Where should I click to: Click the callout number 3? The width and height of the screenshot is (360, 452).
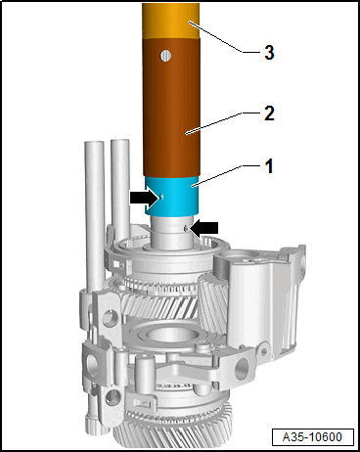pyautogui.click(x=269, y=52)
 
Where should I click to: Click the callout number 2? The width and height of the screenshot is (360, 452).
pyautogui.click(x=269, y=113)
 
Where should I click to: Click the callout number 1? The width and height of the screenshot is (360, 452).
pyautogui.click(x=269, y=166)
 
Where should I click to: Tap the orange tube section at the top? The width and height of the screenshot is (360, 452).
pyautogui.click(x=171, y=22)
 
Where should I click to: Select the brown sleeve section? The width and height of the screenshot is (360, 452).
pyautogui.click(x=171, y=108)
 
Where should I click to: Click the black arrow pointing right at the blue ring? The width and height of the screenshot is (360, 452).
pyautogui.click(x=144, y=198)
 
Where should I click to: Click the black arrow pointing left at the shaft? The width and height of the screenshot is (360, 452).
pyautogui.click(x=204, y=228)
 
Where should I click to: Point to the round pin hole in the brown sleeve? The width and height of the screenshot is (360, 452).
pyautogui.click(x=165, y=56)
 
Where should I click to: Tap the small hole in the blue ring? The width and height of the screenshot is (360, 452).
pyautogui.click(x=161, y=197)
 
